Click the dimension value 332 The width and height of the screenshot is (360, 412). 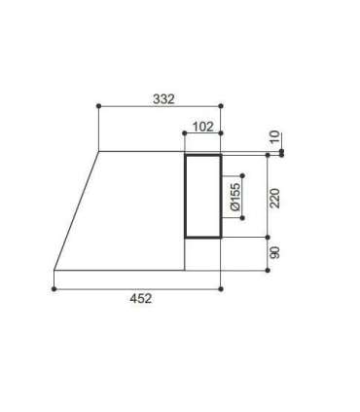pyautogui.click(x=163, y=99)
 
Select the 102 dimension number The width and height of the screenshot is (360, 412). pyautogui.click(x=203, y=127)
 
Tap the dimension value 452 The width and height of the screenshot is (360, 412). pyautogui.click(x=141, y=298)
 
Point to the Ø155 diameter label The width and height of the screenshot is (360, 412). pyautogui.click(x=236, y=197)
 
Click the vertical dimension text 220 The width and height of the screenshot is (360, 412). pyautogui.click(x=274, y=198)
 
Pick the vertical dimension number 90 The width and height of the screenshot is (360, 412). pyautogui.click(x=274, y=252)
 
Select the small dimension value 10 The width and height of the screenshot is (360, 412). pyautogui.click(x=274, y=136)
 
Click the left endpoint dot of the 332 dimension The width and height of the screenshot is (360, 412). pyautogui.click(x=99, y=106)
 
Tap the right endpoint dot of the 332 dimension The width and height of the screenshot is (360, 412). pyautogui.click(x=221, y=106)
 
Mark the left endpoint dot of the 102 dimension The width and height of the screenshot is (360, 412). pyautogui.click(x=185, y=133)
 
